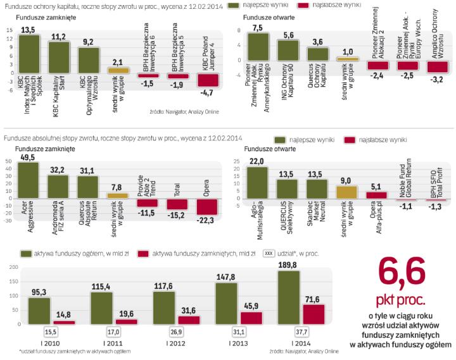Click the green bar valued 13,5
30,54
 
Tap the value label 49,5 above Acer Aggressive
28,157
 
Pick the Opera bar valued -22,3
208,206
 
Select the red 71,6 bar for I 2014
315,317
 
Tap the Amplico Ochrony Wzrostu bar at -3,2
438,66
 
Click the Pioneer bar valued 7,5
258,46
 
